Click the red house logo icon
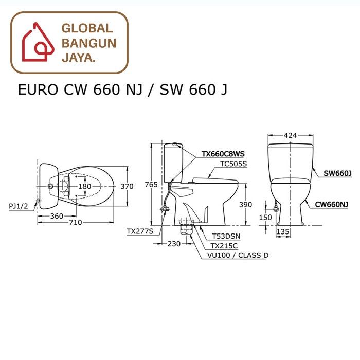(x=38, y=42)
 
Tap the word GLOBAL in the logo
(x=87, y=28)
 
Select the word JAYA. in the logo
(x=78, y=58)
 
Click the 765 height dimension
(x=151, y=185)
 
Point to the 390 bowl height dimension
(x=245, y=204)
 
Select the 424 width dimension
(x=290, y=135)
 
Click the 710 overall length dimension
(x=76, y=222)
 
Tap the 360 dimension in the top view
(x=57, y=216)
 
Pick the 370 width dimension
(x=127, y=186)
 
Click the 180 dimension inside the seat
(x=85, y=186)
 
